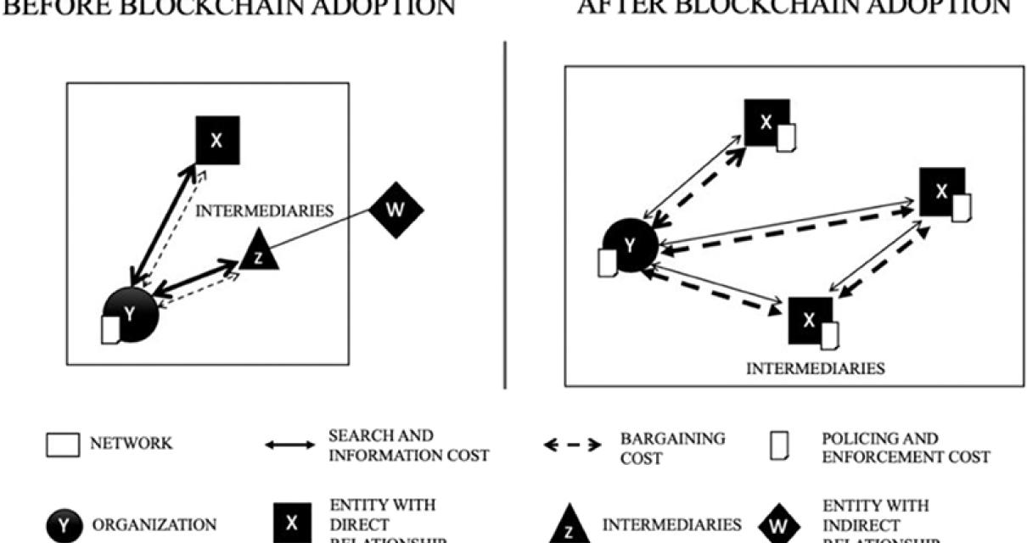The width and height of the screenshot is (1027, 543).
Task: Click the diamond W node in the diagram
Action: coord(396,209)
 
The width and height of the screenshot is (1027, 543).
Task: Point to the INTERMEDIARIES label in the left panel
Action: coord(265,210)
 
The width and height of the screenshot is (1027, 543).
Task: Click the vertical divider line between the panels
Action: coord(507,212)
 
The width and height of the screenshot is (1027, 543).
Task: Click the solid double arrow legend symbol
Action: coord(290,445)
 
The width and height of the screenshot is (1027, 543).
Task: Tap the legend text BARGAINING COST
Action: coord(673,447)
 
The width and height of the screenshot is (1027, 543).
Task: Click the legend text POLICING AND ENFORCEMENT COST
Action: coord(906,448)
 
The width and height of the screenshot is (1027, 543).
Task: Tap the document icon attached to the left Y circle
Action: coord(109,329)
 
